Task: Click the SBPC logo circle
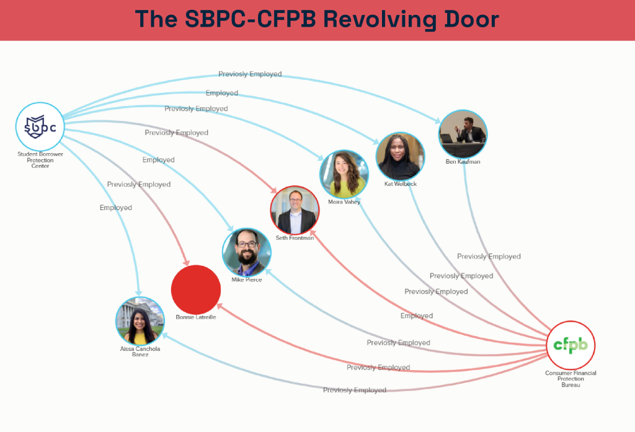pyautogui.click(x=40, y=126)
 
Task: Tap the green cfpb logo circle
pyautogui.click(x=571, y=345)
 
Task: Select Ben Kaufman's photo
pyautogui.click(x=463, y=134)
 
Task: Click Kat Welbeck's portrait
pyautogui.click(x=400, y=156)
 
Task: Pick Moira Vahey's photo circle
pyautogui.click(x=344, y=174)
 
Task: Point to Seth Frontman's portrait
pyautogui.click(x=295, y=210)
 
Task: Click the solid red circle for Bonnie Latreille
pyautogui.click(x=196, y=289)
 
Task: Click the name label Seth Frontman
pyautogui.click(x=295, y=238)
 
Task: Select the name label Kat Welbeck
pyautogui.click(x=400, y=184)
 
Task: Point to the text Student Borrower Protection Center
pyautogui.click(x=40, y=160)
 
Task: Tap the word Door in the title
pyautogui.click(x=475, y=19)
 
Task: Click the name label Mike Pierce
pyautogui.click(x=247, y=280)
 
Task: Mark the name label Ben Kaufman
pyautogui.click(x=463, y=162)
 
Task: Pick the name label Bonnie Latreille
pyautogui.click(x=196, y=317)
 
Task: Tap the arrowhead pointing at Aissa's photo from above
pyautogui.click(x=139, y=293)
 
